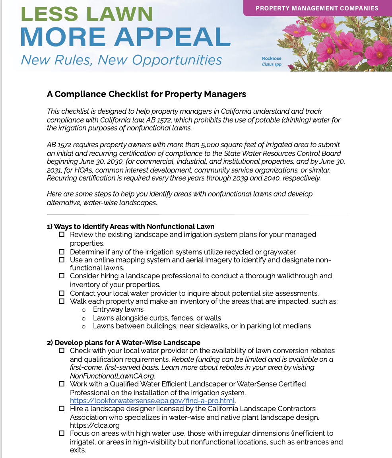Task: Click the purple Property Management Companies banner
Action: coord(317,8)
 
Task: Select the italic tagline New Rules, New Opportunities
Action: coord(121,60)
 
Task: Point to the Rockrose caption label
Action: coord(272,58)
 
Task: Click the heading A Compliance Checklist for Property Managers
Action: coord(146,94)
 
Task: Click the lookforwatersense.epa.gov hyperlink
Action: coord(152,400)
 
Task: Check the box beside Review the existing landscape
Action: coord(62,235)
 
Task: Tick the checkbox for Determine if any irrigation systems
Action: coord(62,252)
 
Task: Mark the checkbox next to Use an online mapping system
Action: coord(62,260)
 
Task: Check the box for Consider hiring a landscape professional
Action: coord(62,276)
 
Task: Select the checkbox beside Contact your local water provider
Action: coord(62,293)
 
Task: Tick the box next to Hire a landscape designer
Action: coord(62,409)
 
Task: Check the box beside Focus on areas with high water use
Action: coord(62,433)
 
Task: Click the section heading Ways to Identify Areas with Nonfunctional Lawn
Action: coord(130,227)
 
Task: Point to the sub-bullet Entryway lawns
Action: coord(118,309)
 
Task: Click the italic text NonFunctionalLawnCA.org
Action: coord(112,376)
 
